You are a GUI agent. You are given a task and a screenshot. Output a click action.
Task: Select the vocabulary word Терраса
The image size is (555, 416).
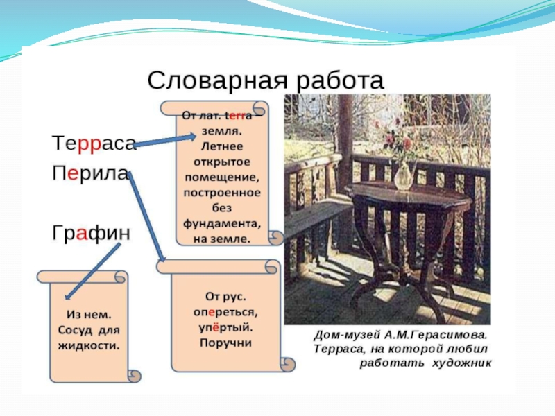coord(92,144)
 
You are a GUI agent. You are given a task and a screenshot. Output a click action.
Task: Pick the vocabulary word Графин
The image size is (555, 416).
coord(90,234)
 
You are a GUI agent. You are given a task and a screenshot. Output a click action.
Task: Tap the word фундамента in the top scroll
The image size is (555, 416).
coord(222,223)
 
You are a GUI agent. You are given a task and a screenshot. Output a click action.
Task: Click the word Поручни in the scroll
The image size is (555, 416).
coord(225,343)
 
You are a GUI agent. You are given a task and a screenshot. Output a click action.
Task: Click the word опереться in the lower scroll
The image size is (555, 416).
coord(225,312)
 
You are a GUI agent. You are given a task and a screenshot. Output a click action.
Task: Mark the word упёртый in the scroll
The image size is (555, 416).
coord(225,327)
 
